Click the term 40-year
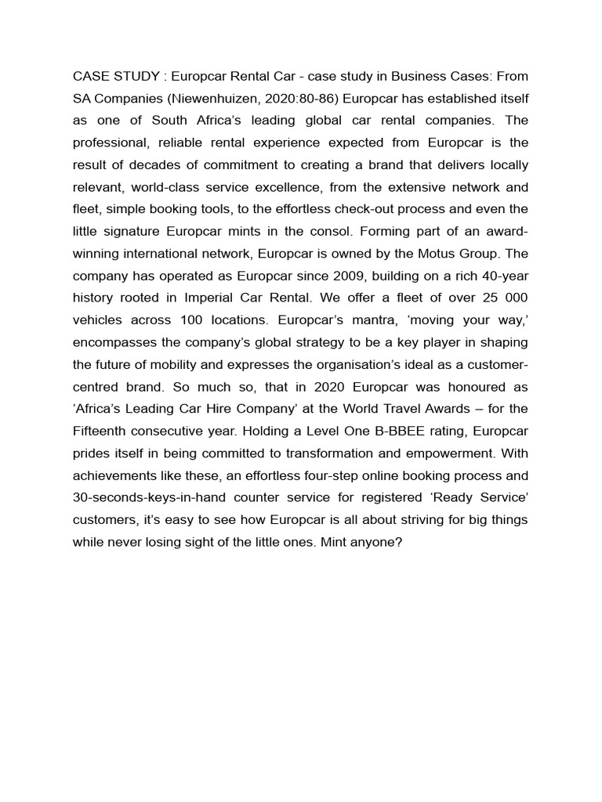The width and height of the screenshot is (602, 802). coord(503,276)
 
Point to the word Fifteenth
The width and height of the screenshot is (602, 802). coord(104,432)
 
